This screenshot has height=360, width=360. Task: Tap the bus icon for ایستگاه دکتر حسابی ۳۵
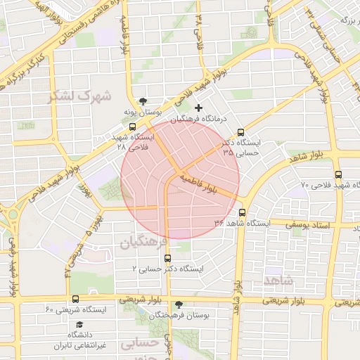point(241,131)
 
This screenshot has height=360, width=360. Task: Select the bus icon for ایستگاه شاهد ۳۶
point(243,212)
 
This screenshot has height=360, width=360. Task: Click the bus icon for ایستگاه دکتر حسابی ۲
point(167,258)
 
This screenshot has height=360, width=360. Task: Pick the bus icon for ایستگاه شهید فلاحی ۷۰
point(338,174)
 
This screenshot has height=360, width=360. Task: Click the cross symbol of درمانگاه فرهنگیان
point(199,108)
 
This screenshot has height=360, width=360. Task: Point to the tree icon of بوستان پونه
point(144,101)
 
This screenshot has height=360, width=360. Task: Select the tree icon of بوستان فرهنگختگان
point(179,304)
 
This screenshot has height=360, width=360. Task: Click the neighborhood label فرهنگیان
point(143,243)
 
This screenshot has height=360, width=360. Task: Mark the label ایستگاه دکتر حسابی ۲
point(167,269)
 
